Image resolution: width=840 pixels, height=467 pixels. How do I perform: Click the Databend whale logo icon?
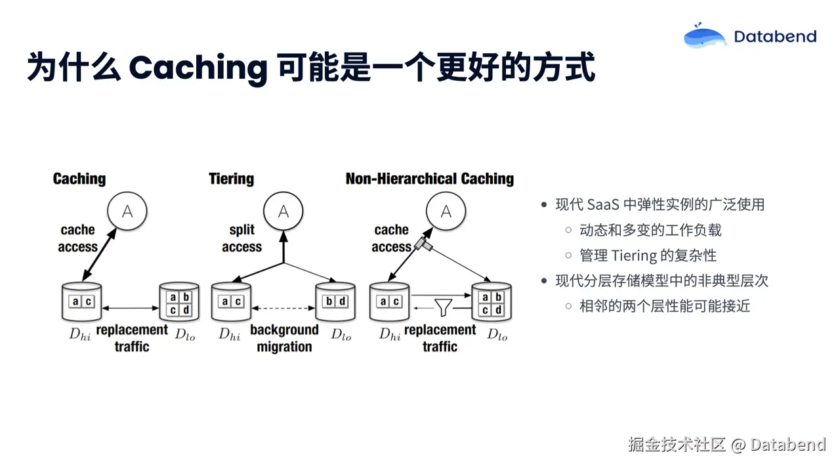pos(705,36)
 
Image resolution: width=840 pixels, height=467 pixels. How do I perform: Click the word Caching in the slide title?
pos(198,68)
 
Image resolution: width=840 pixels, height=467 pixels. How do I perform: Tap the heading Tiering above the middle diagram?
pos(231,179)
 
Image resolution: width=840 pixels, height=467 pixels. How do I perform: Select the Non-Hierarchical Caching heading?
pos(429,179)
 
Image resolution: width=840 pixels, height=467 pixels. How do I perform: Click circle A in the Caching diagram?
pos(127,211)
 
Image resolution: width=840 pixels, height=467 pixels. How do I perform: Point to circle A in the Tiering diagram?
pos(283,211)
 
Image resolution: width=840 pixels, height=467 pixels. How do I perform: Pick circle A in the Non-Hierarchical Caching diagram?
pos(446,211)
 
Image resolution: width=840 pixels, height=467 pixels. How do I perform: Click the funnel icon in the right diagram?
pos(444,306)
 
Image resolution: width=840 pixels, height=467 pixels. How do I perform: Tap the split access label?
pos(241,238)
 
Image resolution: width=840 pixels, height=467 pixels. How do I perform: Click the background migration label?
pos(284,338)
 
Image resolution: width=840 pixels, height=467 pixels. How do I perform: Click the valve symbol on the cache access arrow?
pos(421,245)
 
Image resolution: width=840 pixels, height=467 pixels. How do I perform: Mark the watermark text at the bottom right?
pos(726,445)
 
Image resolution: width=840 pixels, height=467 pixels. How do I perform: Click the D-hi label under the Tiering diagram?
pos(229,334)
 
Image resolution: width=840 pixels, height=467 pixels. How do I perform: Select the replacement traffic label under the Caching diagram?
pos(132,338)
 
